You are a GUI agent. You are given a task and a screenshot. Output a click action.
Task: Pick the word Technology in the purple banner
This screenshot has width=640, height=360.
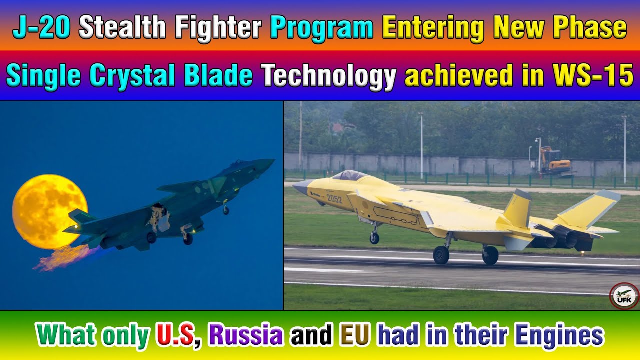tap(329, 76)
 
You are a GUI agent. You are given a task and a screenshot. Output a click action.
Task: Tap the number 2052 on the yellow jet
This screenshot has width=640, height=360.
tap(334, 198)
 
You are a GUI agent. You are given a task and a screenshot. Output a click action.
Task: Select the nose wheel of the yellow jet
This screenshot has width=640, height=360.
tap(374, 238)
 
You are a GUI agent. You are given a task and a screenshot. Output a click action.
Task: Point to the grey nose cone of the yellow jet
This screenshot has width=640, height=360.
tap(301, 187)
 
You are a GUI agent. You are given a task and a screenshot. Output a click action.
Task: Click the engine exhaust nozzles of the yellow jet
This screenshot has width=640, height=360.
tap(562, 238)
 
